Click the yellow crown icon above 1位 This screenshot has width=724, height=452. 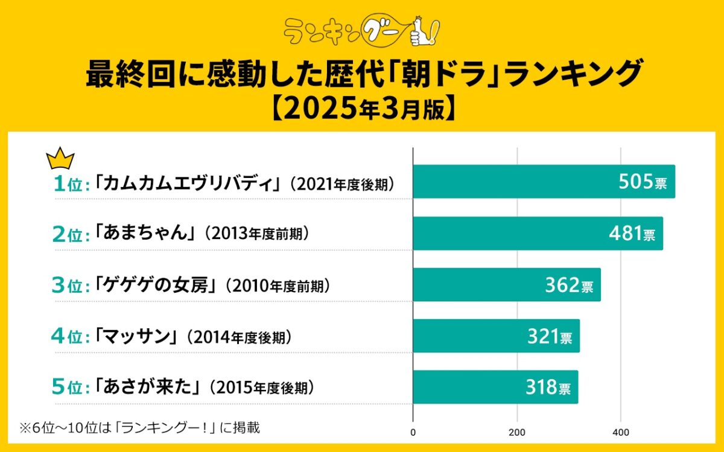(60, 159)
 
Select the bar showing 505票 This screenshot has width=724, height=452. (544, 182)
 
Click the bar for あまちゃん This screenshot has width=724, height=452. (538, 233)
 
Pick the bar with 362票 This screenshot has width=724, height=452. (506, 284)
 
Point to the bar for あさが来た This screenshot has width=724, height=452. (495, 387)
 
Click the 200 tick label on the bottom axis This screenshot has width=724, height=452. (517, 432)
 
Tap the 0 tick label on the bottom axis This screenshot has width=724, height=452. (413, 432)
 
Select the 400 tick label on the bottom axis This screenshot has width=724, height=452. (621, 432)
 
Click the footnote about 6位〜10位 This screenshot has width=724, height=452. (139, 428)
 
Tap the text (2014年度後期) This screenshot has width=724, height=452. (240, 337)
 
